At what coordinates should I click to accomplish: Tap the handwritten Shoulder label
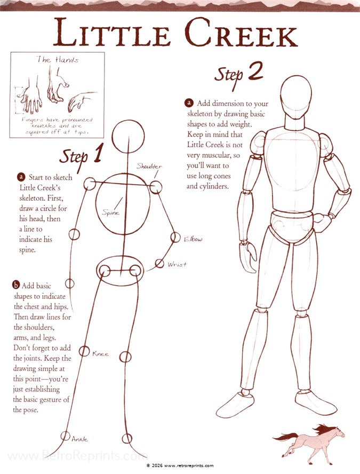149,167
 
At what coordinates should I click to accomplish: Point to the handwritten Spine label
110,213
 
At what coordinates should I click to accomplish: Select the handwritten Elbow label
193,239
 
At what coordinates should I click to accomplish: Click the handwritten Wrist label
177,264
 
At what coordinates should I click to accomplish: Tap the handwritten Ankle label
79,439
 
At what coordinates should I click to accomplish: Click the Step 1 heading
81,155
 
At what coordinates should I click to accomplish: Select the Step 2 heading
239,73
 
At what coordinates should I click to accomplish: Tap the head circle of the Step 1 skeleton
129,135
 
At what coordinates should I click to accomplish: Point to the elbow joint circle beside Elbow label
175,237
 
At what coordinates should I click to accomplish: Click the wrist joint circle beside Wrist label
159,263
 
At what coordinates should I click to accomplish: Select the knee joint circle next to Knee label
84,351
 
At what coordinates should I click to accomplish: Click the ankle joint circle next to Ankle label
65,436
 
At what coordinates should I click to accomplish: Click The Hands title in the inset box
57,60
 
